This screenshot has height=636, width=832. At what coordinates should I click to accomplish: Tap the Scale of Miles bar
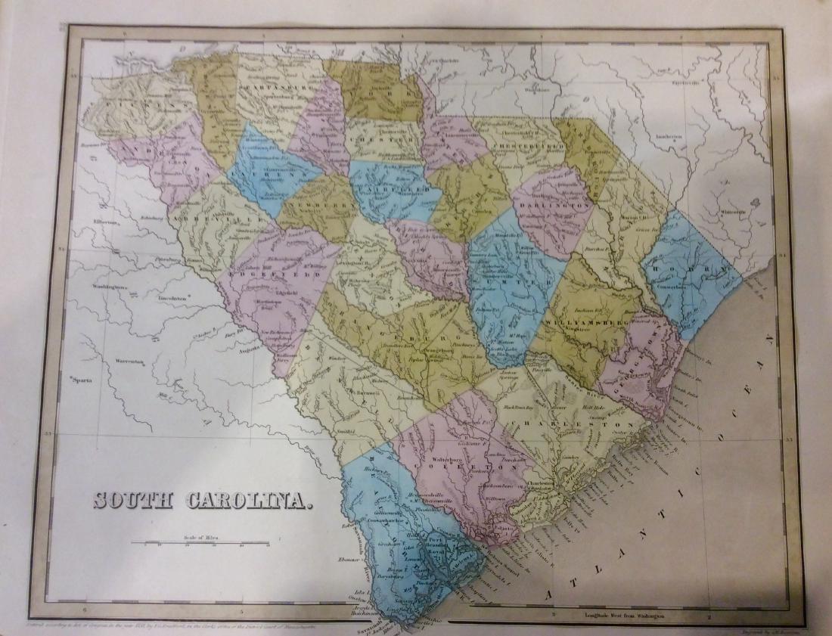200,543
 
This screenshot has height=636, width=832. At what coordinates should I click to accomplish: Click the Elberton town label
104,222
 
